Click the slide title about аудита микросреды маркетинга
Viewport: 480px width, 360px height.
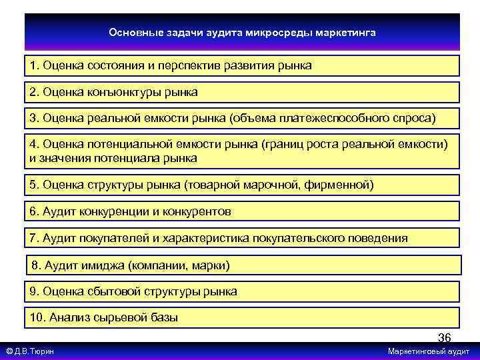click(242, 31)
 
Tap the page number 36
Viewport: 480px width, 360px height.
click(444, 337)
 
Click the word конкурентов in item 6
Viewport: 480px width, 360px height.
click(198, 211)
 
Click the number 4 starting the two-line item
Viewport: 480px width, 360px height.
click(33, 145)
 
